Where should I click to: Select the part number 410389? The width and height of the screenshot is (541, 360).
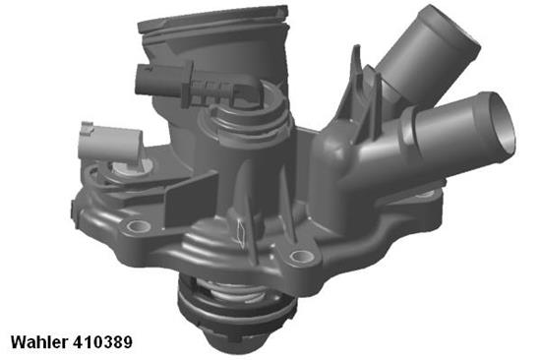[103, 343]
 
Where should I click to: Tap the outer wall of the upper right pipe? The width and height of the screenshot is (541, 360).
[403, 59]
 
